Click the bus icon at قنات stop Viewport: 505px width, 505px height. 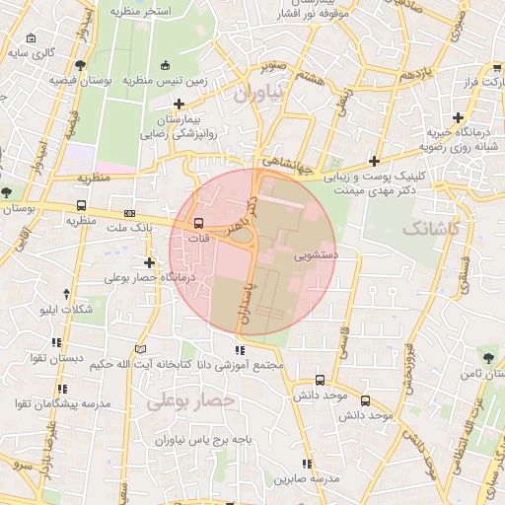click(199, 223)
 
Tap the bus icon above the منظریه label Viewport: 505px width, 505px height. click(80, 207)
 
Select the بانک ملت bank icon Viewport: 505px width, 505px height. click(129, 213)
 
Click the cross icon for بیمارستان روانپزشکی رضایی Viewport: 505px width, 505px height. click(178, 104)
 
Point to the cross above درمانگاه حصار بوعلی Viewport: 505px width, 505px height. click(149, 262)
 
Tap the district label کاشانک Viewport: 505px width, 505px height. click(430, 228)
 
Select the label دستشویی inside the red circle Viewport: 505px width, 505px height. click(315, 253)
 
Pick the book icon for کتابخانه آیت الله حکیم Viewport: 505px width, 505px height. click(140, 349)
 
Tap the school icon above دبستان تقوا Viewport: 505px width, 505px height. click(55, 343)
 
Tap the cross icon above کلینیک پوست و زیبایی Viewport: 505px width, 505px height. click(374, 161)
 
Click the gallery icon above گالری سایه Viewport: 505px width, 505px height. click(33, 39)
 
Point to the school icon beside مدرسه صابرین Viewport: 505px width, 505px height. click(307, 463)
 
